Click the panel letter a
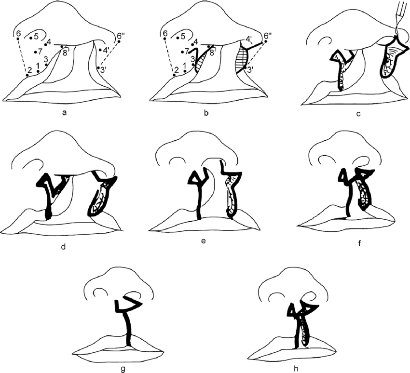64,113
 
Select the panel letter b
206,113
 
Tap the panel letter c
358,114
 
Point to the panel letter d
63,246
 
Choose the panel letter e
204,241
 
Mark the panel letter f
359,243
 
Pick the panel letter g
123,369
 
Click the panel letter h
296,369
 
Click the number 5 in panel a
36,37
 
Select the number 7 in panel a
40,52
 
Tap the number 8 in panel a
65,52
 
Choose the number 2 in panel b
176,70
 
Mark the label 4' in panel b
249,39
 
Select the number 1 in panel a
38,66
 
